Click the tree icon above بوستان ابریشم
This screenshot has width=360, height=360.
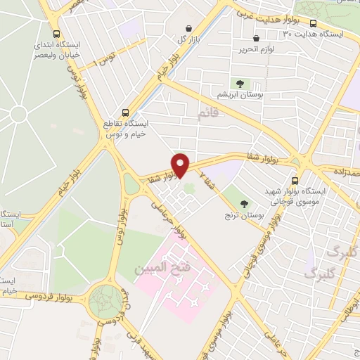240,83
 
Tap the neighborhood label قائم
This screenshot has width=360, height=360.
209,112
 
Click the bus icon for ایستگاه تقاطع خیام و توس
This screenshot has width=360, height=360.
125,111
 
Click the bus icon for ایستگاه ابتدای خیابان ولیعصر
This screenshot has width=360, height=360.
56,33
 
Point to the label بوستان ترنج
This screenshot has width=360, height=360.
244,215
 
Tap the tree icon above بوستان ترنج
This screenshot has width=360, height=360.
244,204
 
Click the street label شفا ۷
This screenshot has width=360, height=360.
207,178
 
